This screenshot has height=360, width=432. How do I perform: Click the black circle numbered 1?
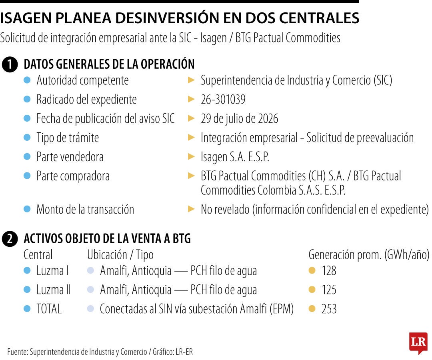click(10, 64)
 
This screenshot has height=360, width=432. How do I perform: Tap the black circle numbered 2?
click(10, 238)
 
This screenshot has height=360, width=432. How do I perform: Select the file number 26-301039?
click(223, 100)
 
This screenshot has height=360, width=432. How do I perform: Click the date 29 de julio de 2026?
click(239, 119)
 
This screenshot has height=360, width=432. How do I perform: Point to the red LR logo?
click(418, 343)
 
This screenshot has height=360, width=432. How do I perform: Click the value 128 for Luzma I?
click(329, 271)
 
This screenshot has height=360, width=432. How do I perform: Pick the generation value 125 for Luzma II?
click(329, 290)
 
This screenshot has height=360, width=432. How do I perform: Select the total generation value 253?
click(329, 309)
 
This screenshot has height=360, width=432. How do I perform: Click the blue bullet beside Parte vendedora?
click(27, 157)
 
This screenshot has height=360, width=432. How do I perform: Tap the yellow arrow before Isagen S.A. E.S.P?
click(191, 157)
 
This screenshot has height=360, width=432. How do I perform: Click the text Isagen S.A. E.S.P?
click(235, 157)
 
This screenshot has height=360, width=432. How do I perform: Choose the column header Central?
click(38, 255)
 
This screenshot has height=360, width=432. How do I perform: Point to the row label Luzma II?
click(54, 290)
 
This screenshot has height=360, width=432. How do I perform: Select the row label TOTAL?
click(49, 309)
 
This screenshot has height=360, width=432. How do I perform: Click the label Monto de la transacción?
click(86, 209)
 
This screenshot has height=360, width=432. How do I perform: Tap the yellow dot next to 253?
click(312, 309)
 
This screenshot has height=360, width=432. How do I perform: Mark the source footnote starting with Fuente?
click(100, 352)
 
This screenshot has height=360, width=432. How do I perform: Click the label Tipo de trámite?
click(68, 138)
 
